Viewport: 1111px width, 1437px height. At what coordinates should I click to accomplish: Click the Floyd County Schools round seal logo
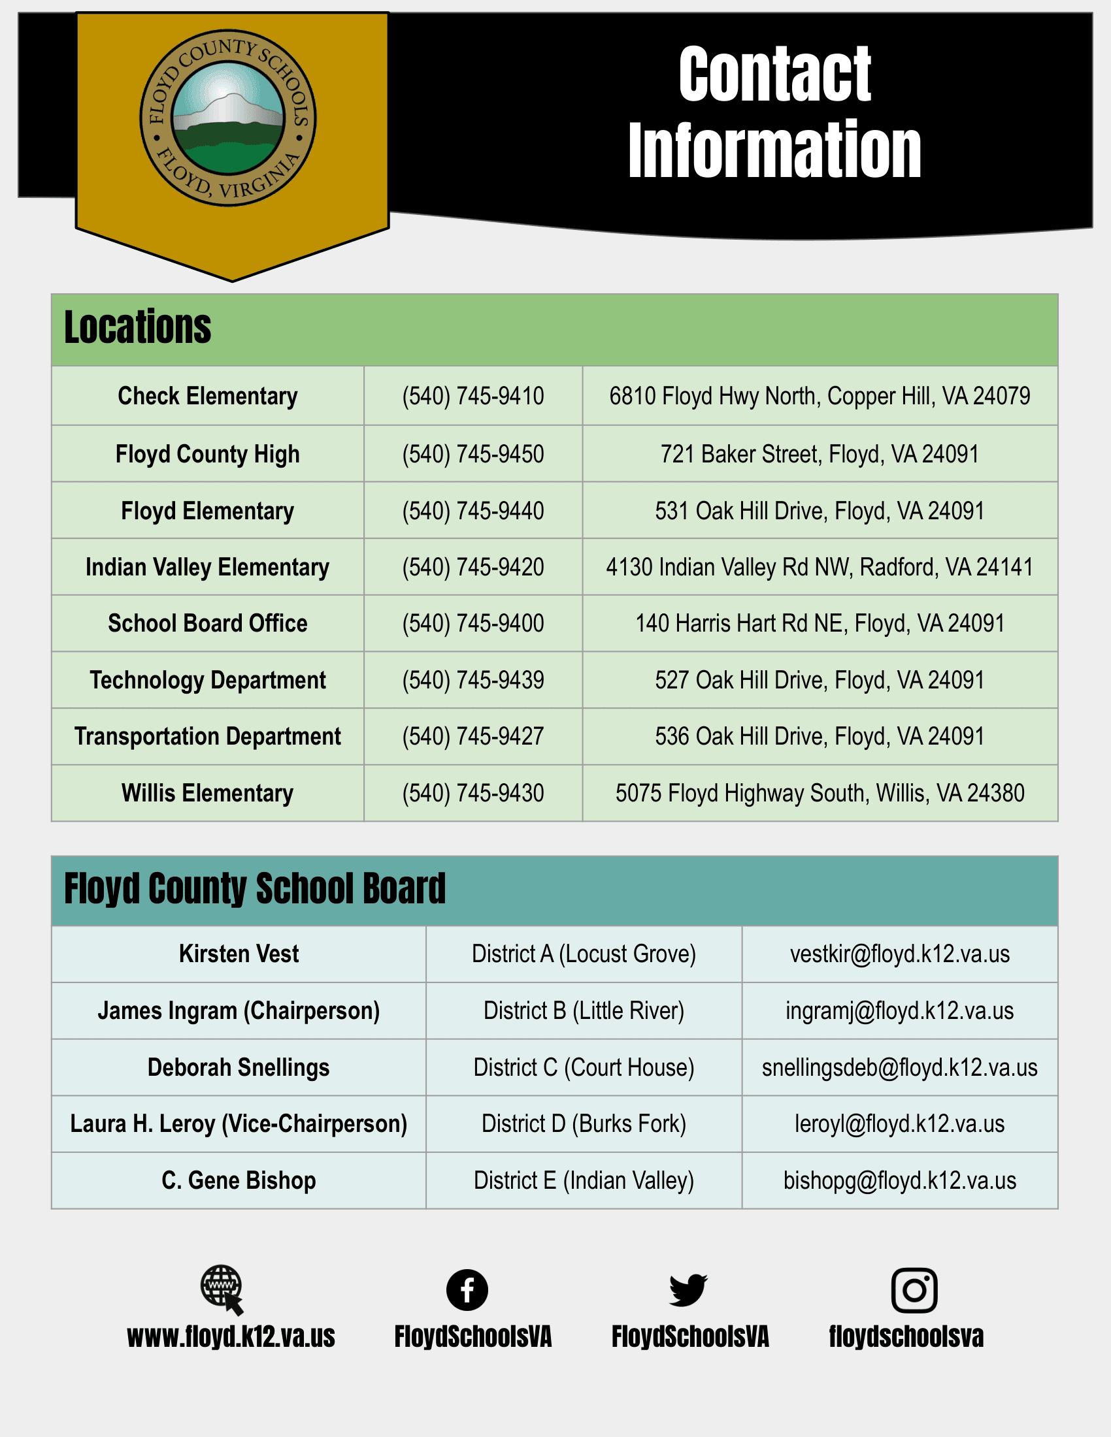point(227,118)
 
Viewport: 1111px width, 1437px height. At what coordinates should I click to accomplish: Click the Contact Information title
point(774,112)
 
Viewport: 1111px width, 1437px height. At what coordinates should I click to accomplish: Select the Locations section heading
point(137,328)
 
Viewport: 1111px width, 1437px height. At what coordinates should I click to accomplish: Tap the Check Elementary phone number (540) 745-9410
point(473,396)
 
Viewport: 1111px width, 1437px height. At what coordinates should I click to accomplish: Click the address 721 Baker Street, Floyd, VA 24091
point(820,454)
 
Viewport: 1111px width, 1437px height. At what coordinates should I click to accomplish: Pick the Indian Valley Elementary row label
point(207,567)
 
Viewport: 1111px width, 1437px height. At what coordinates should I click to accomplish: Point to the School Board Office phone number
point(473,623)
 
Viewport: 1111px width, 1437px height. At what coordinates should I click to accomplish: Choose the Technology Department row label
point(207,681)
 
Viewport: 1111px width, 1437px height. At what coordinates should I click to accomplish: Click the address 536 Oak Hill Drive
point(820,736)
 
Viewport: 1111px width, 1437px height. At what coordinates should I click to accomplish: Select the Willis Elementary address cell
point(820,793)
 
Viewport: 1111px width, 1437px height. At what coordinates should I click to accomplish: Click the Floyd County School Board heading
point(255,889)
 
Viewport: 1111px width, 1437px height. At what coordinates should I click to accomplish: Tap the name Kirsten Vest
point(239,954)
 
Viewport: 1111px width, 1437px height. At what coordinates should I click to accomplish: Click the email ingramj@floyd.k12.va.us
point(899,1010)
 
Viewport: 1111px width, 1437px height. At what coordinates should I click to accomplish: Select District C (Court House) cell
point(583,1067)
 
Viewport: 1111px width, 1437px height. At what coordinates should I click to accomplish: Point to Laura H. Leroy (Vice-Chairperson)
point(239,1124)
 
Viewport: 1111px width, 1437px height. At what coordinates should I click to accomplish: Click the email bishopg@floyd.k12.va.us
point(899,1180)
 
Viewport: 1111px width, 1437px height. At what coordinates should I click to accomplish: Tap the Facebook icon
point(467,1289)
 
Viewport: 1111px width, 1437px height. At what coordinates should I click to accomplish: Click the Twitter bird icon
point(688,1289)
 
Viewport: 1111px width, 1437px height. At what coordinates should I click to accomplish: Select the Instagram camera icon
point(914,1289)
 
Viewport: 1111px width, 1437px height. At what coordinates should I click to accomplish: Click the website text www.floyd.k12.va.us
point(231,1337)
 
